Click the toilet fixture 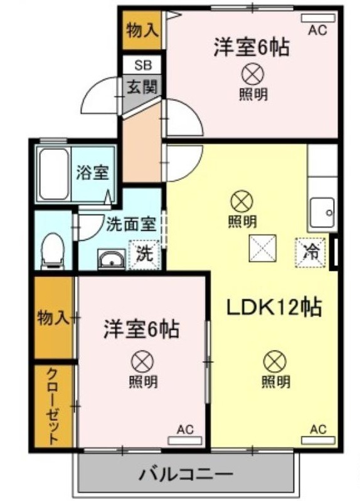pyautogui.click(x=53, y=251)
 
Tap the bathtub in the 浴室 pyautogui.click(x=54, y=174)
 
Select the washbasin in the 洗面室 pyautogui.click(x=111, y=258)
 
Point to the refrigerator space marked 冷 pyautogui.click(x=310, y=253)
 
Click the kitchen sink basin pyautogui.click(x=323, y=212)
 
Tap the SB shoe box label pyautogui.click(x=142, y=65)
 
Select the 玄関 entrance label pyautogui.click(x=142, y=87)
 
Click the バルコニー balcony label pyautogui.click(x=186, y=474)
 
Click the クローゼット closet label pyautogui.click(x=53, y=406)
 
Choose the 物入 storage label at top pyautogui.click(x=142, y=31)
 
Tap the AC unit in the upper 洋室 pyautogui.click(x=318, y=18)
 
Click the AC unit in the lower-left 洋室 pyautogui.click(x=185, y=441)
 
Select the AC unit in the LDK pyautogui.click(x=318, y=440)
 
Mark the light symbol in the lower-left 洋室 pyautogui.click(x=142, y=362)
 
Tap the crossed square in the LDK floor pyautogui.click(x=263, y=248)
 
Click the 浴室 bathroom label pyautogui.click(x=93, y=172)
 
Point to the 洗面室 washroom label pyautogui.click(x=131, y=224)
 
